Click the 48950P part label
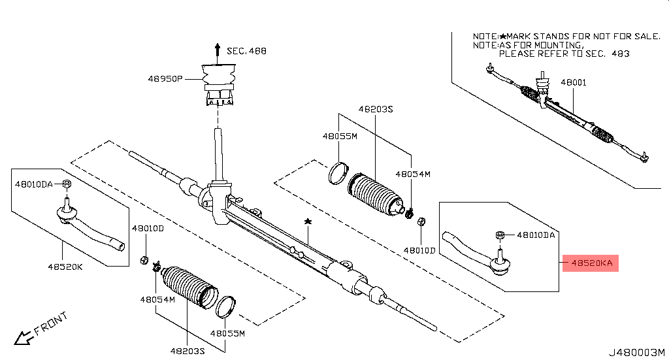tap(164, 79)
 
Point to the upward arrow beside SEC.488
tap(217, 50)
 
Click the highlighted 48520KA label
tap(592, 263)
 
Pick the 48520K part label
tap(65, 266)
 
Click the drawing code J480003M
tap(637, 352)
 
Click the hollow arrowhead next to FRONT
tap(24, 338)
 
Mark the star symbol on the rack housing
tap(308, 223)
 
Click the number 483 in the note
tap(620, 54)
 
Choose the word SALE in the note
tap(646, 36)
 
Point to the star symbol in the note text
tap(502, 36)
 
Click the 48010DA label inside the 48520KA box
tap(536, 235)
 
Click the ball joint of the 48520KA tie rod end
tap(500, 265)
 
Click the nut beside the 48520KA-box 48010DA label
tap(500, 235)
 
